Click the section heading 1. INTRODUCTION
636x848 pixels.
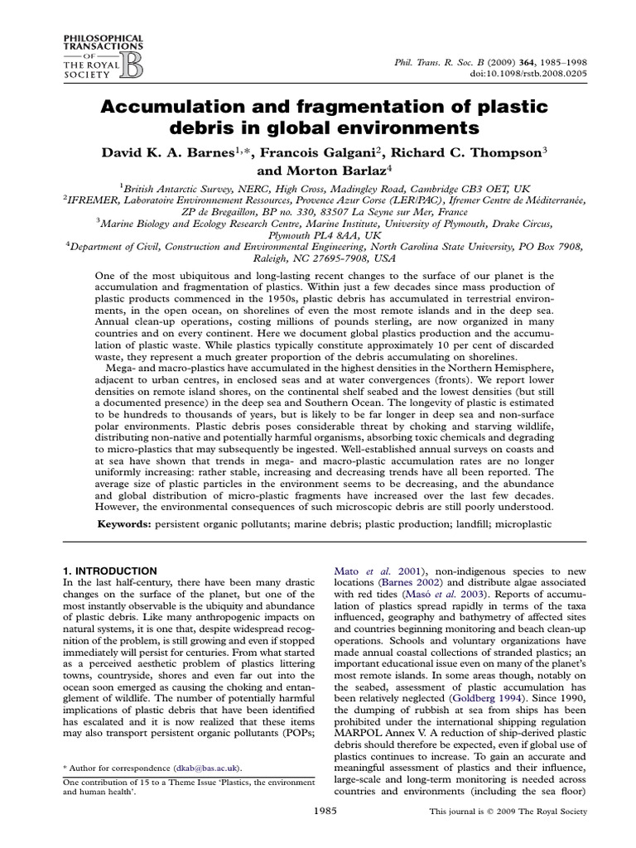pos(110,571)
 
